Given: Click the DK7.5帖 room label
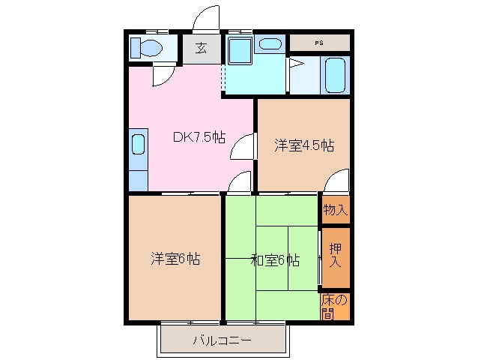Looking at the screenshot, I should click(x=199, y=137).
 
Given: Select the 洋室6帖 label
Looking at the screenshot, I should click(x=175, y=259).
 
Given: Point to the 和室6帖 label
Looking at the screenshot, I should click(x=275, y=260).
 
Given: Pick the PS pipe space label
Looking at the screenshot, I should click(x=319, y=42).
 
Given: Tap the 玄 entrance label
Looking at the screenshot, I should click(x=202, y=49).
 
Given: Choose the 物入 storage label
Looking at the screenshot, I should click(x=336, y=210).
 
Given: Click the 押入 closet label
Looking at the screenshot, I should click(x=336, y=254).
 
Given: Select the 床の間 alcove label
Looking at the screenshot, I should click(x=336, y=306).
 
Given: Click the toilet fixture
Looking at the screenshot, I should click(x=147, y=48).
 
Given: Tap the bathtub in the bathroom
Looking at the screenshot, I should click(x=334, y=74).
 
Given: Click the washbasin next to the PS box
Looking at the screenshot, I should click(x=267, y=43).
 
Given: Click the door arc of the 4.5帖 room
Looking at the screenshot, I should click(x=338, y=181).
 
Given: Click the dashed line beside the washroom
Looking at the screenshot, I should click(x=223, y=83).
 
